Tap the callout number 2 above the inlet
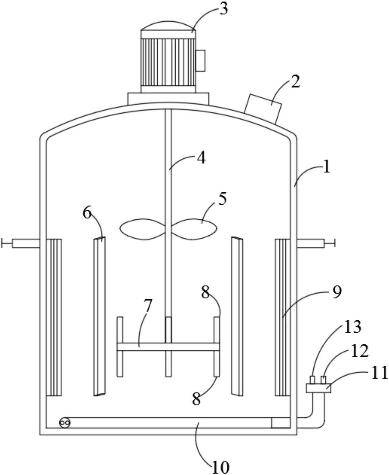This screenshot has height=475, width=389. click(x=295, y=82)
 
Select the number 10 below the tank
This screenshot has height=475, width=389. click(x=220, y=466)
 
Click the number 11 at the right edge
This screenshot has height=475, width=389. click(x=379, y=373)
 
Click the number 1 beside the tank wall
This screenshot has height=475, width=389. click(x=326, y=168)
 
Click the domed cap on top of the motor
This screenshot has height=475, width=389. click(x=168, y=26)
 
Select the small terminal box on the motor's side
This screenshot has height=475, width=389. click(x=200, y=61)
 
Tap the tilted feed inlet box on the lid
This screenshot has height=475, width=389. click(x=263, y=109)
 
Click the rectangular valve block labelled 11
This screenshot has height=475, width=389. click(x=318, y=388)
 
